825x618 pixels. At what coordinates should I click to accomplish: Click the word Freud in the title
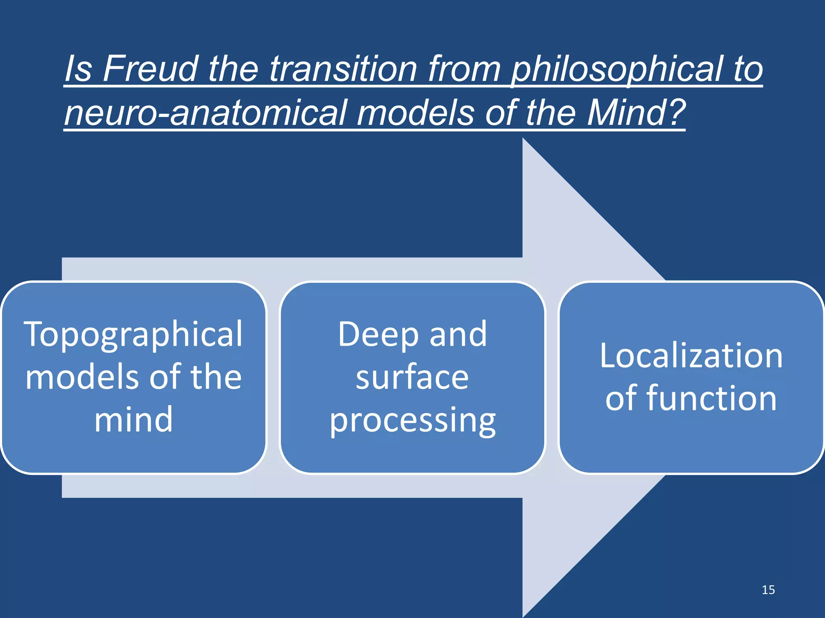pyautogui.click(x=151, y=69)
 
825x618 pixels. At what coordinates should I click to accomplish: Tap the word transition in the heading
pyautogui.click(x=343, y=69)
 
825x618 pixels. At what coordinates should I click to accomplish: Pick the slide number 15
pyautogui.click(x=768, y=590)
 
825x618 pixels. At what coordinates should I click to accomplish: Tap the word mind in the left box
pyautogui.click(x=133, y=420)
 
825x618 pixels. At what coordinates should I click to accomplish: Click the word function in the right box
pyautogui.click(x=711, y=398)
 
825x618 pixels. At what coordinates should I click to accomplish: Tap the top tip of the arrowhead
pyautogui.click(x=523, y=140)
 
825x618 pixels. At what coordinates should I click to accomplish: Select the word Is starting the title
pyautogui.click(x=78, y=69)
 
